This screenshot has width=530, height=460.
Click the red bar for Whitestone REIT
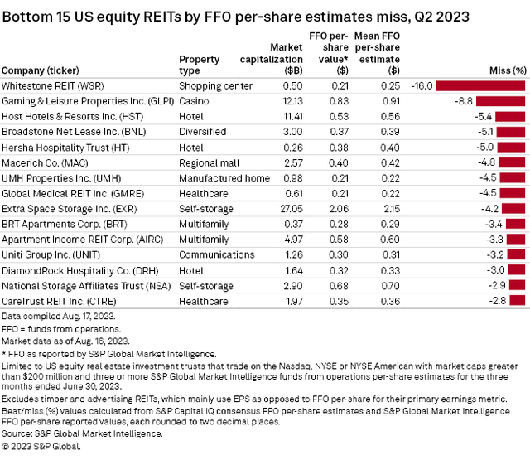pyautogui.click(x=482, y=85)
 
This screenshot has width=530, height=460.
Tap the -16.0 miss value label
pyautogui.click(x=421, y=85)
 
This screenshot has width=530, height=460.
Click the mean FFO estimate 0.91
pyautogui.click(x=370, y=101)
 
